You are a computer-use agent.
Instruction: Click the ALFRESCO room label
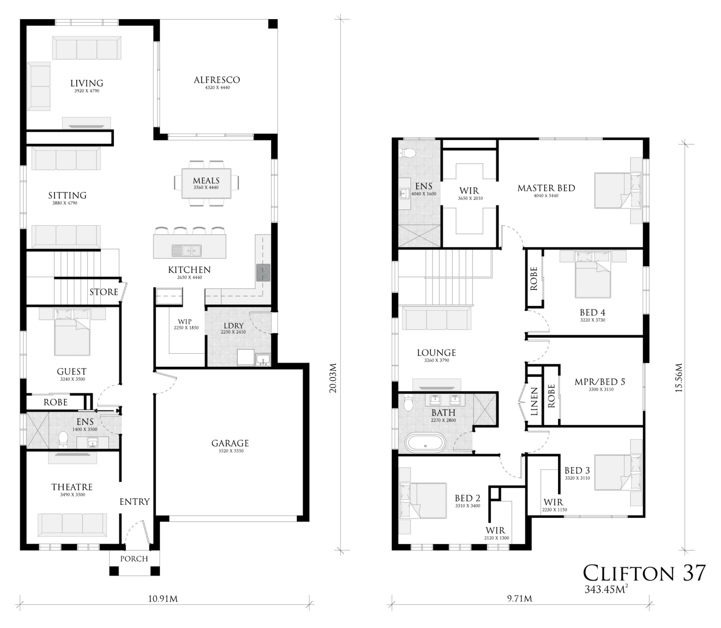pos(217,80)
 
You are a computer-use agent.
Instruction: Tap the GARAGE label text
pos(230,443)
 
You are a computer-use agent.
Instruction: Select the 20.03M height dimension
pos(334,378)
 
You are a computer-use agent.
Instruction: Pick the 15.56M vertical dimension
pos(679,377)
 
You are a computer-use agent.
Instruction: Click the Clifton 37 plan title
pos(644,573)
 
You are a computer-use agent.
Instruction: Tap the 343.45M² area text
pos(606,589)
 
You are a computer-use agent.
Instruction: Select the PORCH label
pos(134,559)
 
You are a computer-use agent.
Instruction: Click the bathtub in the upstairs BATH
pos(426,443)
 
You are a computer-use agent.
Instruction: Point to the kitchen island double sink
pos(186,251)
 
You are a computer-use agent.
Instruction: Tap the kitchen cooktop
pos(263,272)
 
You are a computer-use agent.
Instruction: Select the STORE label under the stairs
pos(104,292)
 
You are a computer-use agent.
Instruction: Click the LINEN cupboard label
pos(534,402)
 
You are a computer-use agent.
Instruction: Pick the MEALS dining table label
pos(206,180)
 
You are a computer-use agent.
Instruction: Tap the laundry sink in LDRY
pos(263,360)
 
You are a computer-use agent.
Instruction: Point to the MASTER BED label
pos(546,188)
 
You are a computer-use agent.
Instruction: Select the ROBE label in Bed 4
pos(534,278)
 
